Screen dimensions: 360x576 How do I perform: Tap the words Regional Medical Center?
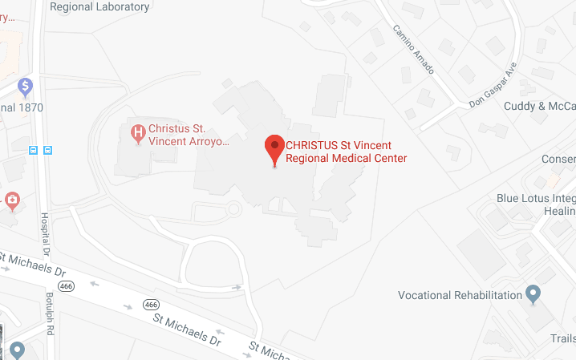(347, 159)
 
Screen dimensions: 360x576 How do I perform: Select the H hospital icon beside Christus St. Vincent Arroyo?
(138, 131)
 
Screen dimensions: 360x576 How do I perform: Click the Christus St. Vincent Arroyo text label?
(189, 135)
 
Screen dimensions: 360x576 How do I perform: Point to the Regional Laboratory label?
(99, 6)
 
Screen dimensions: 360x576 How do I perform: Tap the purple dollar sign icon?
(26, 85)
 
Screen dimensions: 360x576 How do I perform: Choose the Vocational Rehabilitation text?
(460, 295)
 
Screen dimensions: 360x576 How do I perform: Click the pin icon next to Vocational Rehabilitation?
(532, 294)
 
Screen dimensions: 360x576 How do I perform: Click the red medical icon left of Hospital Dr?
(12, 199)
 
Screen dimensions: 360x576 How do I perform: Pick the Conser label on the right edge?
(558, 159)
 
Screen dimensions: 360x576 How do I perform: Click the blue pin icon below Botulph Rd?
(17, 350)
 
